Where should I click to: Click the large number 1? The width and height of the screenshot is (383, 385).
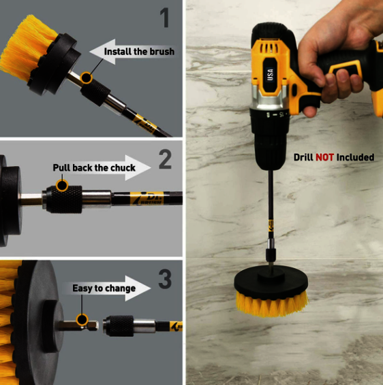pyautogui.click(x=165, y=17)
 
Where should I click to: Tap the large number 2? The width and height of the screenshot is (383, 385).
pyautogui.click(x=165, y=159)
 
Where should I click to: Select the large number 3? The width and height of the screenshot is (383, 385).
pyautogui.click(x=165, y=279)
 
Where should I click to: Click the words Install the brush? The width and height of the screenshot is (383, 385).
pyautogui.click(x=139, y=52)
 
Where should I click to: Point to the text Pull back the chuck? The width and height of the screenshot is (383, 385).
pyautogui.click(x=94, y=168)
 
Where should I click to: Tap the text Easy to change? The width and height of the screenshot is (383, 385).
pyautogui.click(x=104, y=288)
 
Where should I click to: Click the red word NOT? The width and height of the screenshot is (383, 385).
pyautogui.click(x=324, y=157)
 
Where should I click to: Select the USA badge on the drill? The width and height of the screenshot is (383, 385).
pyautogui.click(x=270, y=74)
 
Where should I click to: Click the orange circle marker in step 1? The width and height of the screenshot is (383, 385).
pyautogui.click(x=87, y=78)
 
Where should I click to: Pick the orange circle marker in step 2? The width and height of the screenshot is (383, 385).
pyautogui.click(x=62, y=185)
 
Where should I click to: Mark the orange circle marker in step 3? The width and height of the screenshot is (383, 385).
pyautogui.click(x=82, y=320)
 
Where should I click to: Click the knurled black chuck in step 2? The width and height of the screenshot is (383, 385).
pyautogui.click(x=64, y=199)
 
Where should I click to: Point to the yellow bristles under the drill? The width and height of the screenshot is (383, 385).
pyautogui.click(x=272, y=304)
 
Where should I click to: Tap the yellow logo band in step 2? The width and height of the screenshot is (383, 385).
pyautogui.click(x=147, y=198)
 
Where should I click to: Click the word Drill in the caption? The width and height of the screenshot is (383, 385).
pyautogui.click(x=303, y=157)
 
